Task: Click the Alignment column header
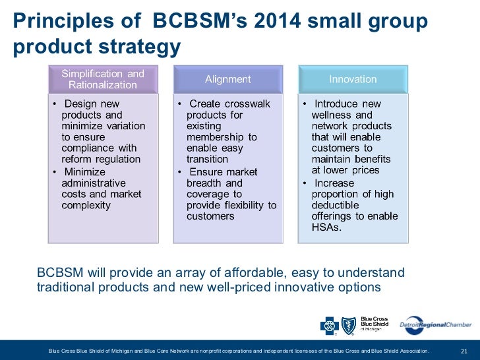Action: click(227, 79)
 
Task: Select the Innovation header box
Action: click(353, 79)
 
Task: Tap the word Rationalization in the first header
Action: click(103, 85)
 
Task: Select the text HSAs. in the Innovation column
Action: click(327, 227)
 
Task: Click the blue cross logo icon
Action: click(328, 325)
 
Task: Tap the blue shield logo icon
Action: click(348, 325)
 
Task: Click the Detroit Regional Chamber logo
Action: click(435, 324)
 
